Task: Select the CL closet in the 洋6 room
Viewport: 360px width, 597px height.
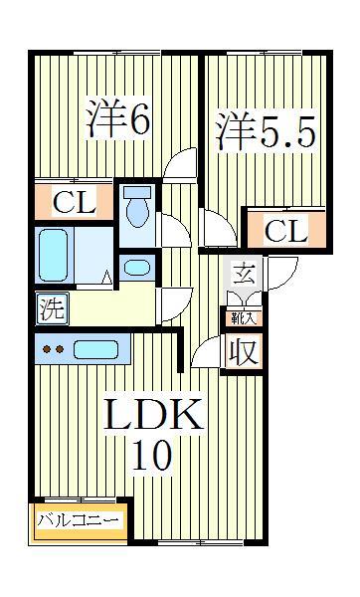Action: click(x=75, y=204)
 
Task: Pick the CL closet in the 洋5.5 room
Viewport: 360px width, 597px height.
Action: click(x=286, y=232)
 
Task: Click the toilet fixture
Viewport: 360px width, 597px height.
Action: click(x=139, y=206)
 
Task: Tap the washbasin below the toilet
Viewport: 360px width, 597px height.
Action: click(x=138, y=267)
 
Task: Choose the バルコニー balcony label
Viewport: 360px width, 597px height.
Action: click(x=79, y=520)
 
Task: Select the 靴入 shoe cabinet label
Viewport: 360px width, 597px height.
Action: click(x=241, y=318)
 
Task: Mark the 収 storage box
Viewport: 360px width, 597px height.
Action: click(x=242, y=351)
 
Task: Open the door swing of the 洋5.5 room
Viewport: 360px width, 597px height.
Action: click(x=216, y=227)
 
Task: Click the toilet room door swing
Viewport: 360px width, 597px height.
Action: click(x=174, y=231)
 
